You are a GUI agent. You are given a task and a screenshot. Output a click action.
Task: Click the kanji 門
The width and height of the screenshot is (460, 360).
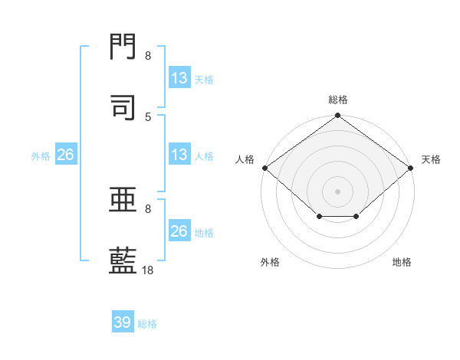point(123,47)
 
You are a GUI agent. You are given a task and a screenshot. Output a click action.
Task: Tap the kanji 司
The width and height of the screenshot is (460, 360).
point(123,107)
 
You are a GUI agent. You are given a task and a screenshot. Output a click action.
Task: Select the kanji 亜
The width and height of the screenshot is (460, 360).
point(123,199)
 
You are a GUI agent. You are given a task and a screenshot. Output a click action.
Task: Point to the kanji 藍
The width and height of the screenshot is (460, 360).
point(123,260)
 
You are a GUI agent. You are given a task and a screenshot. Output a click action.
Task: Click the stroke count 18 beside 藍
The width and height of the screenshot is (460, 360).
point(147,270)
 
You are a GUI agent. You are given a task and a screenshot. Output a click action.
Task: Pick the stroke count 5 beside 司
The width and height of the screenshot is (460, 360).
point(148,117)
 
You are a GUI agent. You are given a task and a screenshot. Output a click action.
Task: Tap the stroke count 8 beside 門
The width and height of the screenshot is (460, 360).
point(148,55)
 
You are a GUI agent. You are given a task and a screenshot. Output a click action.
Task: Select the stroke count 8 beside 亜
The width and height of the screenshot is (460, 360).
point(148,209)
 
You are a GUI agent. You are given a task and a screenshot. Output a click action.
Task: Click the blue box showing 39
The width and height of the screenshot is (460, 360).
point(123,321)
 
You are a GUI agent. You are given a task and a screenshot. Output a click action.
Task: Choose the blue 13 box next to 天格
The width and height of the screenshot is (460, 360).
point(179,77)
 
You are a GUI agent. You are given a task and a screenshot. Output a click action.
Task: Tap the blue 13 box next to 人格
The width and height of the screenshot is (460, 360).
point(179,154)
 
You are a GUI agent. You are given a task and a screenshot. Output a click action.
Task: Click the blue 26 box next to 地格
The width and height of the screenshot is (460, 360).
point(179,230)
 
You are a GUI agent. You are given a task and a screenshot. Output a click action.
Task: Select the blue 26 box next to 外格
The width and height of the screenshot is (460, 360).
point(66,154)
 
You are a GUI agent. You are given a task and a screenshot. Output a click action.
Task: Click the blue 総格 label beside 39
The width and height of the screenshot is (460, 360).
point(147,324)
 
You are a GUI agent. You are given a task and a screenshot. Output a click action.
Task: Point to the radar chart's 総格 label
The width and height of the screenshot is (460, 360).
point(338,100)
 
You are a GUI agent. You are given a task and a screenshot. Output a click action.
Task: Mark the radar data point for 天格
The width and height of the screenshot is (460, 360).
point(410,168)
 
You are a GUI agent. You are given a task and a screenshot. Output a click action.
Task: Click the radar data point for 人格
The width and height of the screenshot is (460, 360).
point(265,168)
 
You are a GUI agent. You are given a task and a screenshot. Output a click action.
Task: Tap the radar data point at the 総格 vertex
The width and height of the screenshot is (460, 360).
point(337,115)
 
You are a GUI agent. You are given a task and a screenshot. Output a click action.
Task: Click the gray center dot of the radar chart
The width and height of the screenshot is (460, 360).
point(337,191)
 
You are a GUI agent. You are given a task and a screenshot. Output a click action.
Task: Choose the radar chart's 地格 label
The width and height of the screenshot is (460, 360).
point(402,262)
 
